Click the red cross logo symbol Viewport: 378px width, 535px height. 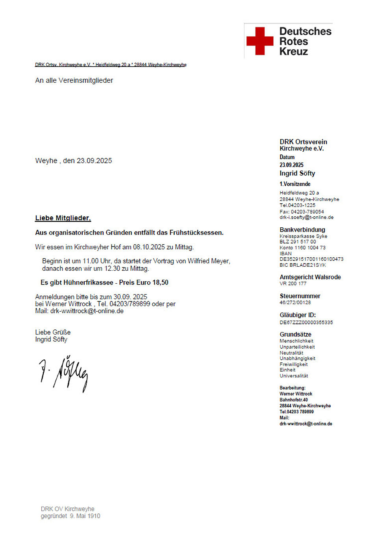(259, 41)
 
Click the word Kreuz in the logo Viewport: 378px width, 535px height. (293, 52)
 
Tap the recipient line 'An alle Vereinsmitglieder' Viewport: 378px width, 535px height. (74, 80)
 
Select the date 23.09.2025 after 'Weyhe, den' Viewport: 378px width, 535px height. (94, 161)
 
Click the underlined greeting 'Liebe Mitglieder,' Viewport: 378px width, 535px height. (63, 218)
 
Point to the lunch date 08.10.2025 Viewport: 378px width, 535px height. (149, 247)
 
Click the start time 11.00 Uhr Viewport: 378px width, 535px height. (97, 261)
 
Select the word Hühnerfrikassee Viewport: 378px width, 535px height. (88, 282)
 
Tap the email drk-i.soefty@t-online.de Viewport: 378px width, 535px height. (306, 217)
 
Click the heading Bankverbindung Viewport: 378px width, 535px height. (302, 230)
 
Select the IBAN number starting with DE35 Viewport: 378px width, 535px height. (311, 259)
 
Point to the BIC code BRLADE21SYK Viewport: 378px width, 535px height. (308, 265)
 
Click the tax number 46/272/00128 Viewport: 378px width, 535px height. (295, 303)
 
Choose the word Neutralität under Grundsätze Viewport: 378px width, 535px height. (291, 353)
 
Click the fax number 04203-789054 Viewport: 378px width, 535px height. (307, 212)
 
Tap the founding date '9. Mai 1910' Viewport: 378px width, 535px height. (85, 516)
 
